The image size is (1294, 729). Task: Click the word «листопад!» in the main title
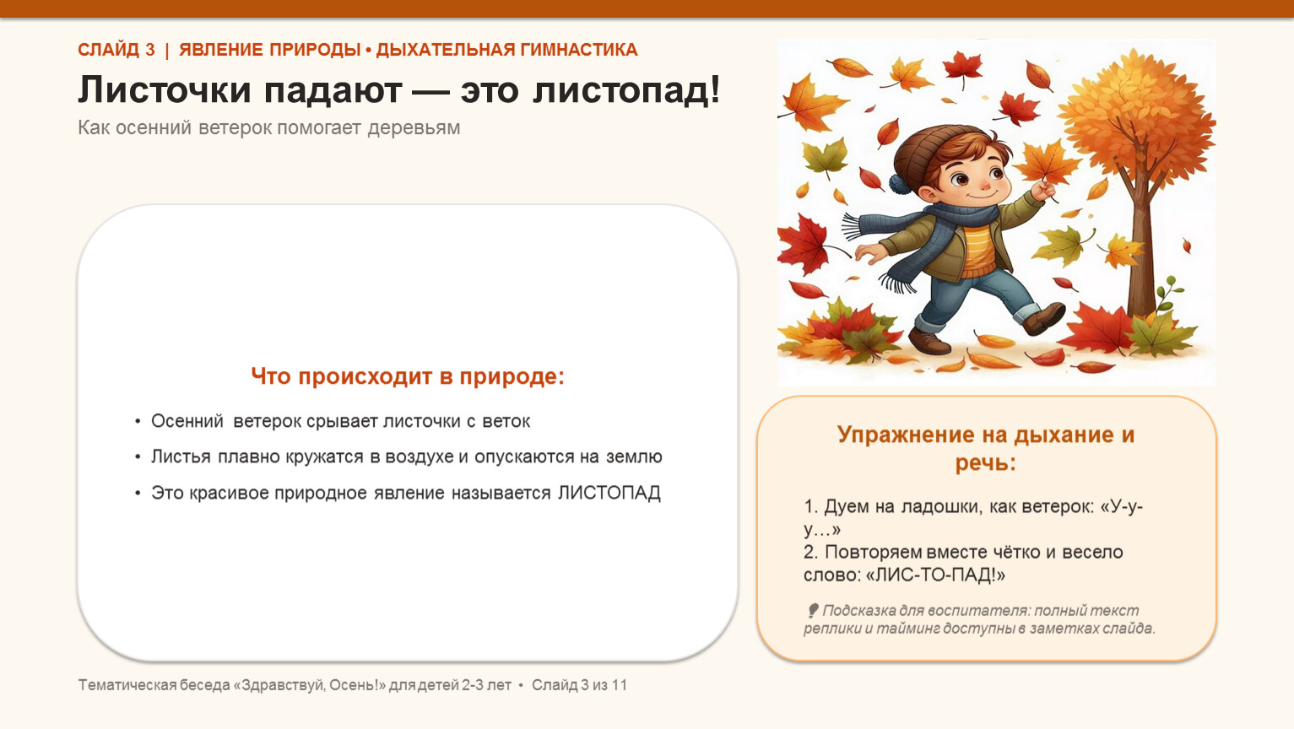pos(626,90)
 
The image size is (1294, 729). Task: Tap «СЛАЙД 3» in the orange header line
pos(116,51)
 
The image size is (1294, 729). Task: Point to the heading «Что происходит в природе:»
pos(407,376)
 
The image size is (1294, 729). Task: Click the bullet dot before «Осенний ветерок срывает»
pos(138,422)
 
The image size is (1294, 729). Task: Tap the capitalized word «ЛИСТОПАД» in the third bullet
pos(609,493)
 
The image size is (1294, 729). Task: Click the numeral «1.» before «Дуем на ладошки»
pos(810,506)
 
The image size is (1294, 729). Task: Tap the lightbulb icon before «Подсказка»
pos(812,611)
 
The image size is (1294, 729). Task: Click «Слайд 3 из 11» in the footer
pos(579,685)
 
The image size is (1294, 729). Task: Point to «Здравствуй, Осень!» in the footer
pos(309,685)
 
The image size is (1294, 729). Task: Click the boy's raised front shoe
pos(1044,319)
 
